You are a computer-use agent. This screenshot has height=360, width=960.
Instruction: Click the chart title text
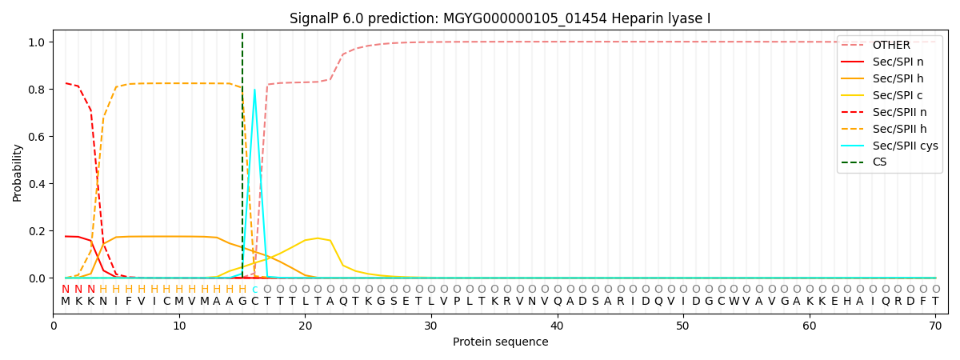point(500,18)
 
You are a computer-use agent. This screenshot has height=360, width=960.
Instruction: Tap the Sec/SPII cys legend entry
point(890,146)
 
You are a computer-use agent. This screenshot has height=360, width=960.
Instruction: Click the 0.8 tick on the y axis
point(37,90)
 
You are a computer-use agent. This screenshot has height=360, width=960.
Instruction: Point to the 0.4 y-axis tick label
point(37,184)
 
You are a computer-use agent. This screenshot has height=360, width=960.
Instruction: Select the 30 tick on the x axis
point(430,326)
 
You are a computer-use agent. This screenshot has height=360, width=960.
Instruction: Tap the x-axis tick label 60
point(809,326)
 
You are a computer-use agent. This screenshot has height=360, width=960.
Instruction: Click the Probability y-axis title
point(17,173)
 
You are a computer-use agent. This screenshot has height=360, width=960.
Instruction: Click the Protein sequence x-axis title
point(501,342)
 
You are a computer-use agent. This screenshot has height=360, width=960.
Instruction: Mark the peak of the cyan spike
point(254,90)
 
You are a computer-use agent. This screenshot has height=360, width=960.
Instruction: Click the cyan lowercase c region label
point(254,289)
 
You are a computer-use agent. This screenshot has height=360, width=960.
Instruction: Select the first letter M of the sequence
point(66,302)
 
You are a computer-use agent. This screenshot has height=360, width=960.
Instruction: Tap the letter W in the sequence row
point(734,302)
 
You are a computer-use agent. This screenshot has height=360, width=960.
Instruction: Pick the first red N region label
point(66,289)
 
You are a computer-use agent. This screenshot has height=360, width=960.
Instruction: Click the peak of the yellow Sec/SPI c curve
point(318,238)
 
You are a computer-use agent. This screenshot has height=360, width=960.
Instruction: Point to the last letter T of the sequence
point(935,302)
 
